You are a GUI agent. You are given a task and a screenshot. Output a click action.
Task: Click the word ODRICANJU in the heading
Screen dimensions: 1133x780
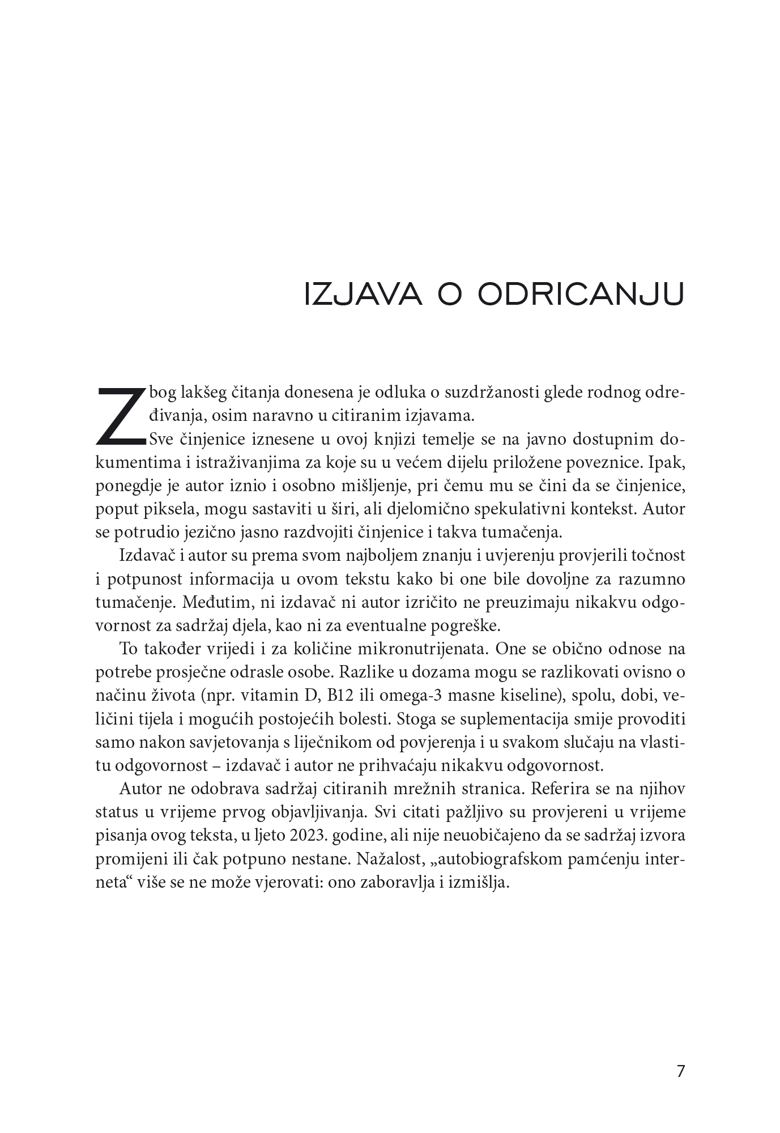581,294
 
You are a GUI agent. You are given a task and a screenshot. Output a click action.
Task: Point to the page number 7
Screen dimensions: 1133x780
681,1071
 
